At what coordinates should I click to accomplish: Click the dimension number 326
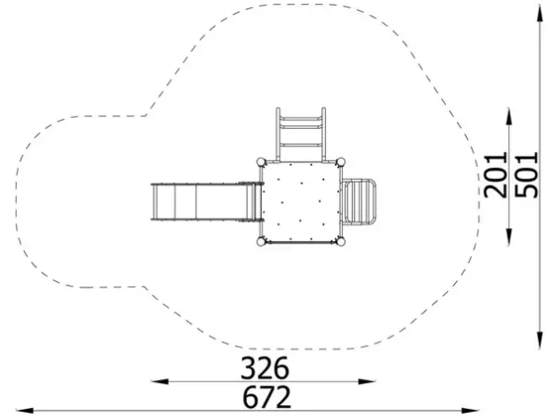pyautogui.click(x=265, y=367)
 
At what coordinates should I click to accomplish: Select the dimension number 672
pyautogui.click(x=267, y=397)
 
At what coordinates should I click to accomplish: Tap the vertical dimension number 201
pyautogui.click(x=495, y=174)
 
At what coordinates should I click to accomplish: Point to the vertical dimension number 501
pyautogui.click(x=527, y=174)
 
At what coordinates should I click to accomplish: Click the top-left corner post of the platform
pyautogui.click(x=262, y=162)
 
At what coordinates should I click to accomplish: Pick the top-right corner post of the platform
pyautogui.click(x=341, y=162)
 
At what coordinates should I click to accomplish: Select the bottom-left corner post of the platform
pyautogui.click(x=262, y=242)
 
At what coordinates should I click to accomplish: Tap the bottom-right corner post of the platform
pyautogui.click(x=341, y=242)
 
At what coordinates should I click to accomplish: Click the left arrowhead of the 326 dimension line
pyautogui.click(x=160, y=381)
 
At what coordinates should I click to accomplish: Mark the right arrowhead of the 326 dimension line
pyautogui.click(x=367, y=381)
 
